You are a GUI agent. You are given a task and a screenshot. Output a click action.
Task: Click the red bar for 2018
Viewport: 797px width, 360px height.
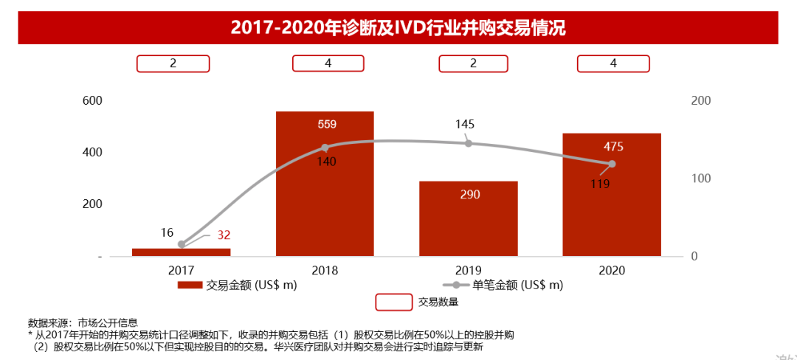coord(325,184)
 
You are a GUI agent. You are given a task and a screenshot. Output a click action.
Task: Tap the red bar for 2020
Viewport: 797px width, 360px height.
coord(612,195)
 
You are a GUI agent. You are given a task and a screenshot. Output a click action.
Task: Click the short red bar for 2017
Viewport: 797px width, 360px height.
coord(181,252)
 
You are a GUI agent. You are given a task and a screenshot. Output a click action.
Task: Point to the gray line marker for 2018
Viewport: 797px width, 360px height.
coord(325,148)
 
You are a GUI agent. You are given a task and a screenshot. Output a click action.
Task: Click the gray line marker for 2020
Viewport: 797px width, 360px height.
coord(612,164)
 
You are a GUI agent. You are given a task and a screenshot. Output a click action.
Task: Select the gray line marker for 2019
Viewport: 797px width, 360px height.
coord(469,143)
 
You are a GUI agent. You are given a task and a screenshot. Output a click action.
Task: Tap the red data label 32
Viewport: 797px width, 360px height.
coord(224,235)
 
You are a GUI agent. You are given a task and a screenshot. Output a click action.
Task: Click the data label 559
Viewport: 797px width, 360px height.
coord(327,125)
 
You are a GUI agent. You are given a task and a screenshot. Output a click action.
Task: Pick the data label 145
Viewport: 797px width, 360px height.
coord(465,125)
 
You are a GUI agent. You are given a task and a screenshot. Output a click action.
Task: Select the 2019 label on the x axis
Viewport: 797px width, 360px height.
coord(469,271)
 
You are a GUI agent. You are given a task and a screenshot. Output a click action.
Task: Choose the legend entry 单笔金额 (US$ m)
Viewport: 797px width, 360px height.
coord(502,285)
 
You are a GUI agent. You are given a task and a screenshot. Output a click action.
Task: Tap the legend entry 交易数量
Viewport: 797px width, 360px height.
coord(417,302)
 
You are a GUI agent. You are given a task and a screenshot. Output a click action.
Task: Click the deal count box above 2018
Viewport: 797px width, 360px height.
coord(328,63)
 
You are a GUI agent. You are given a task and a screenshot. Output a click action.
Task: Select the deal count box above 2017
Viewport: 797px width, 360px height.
coord(173,63)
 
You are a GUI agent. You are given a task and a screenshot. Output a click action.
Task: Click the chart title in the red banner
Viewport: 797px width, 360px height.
coord(398,28)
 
